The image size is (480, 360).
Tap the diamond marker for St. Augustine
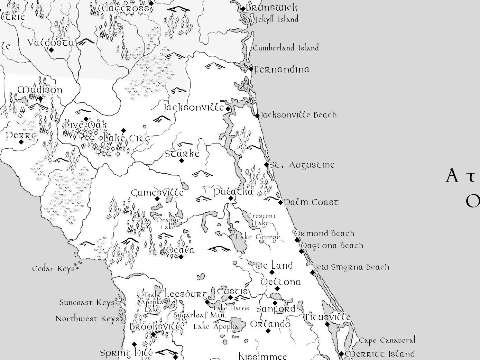click(266, 165)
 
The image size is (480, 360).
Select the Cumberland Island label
click(286, 48)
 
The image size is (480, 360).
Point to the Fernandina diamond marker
click(251, 69)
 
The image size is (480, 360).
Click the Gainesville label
click(157, 193)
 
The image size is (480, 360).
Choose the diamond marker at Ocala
click(181, 257)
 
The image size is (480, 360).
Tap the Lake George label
click(258, 237)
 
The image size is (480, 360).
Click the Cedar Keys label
click(53, 269)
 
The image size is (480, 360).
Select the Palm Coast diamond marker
click(280, 202)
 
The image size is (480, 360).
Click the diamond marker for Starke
click(182, 160)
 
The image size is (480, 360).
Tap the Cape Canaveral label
click(387, 340)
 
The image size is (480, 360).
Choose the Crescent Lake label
click(261, 219)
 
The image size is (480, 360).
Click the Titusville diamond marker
click(327, 324)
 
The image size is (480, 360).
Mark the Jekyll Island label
click(277, 19)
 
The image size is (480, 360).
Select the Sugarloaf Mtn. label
click(200, 315)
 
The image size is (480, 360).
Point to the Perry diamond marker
click(21, 142)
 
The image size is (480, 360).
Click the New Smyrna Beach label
click(350, 267)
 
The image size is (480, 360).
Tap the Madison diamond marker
click(40, 99)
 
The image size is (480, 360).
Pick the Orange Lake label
click(168, 223)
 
